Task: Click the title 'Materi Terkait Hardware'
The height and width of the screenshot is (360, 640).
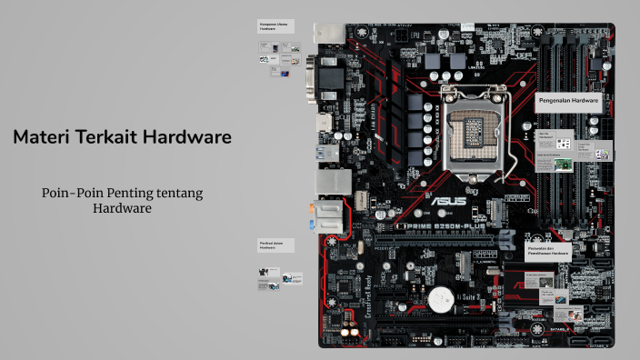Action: [x=122, y=137]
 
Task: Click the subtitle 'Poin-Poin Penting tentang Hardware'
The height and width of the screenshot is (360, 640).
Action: [x=122, y=200]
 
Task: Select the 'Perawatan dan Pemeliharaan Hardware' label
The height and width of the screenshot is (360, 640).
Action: [x=548, y=250]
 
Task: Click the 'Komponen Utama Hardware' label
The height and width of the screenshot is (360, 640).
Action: [x=275, y=26]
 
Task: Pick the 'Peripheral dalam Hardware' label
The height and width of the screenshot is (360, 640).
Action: [x=275, y=245]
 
